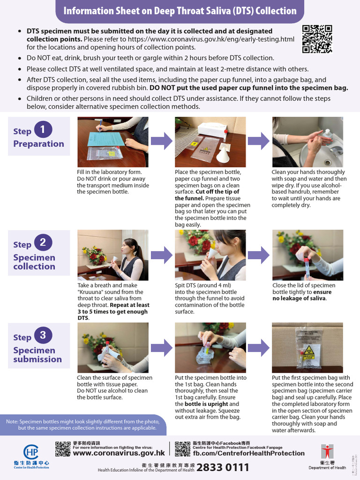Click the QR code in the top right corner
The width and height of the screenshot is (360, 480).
[317, 39]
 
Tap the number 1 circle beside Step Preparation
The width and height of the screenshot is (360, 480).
[43, 130]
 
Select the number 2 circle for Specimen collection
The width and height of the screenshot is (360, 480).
[43, 242]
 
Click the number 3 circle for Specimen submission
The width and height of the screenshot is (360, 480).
[43, 335]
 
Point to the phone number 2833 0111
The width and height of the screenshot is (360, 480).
[223, 467]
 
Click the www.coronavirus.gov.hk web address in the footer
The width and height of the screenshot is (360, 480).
[119, 453]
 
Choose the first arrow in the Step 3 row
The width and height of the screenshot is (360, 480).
[161, 347]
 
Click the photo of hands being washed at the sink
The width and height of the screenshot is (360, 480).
[307, 142]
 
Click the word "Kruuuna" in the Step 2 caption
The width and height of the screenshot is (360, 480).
[91, 292]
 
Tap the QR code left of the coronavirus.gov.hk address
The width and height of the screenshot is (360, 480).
[62, 449]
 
